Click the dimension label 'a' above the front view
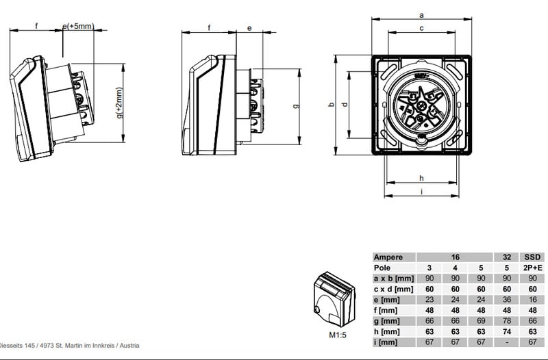421,15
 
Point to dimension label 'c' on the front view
421,28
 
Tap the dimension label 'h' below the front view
421,179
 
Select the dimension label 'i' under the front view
421,192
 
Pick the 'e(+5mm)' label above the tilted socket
78,26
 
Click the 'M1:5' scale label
338,335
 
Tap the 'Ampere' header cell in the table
388,257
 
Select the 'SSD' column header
532,257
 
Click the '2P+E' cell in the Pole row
532,268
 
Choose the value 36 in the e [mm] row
507,300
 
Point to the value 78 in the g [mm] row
507,321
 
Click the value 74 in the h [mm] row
507,331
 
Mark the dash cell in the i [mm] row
507,342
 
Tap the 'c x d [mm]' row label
393,289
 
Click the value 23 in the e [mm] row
429,300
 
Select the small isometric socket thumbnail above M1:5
334,299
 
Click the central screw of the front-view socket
421,105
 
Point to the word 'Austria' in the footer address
129,346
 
